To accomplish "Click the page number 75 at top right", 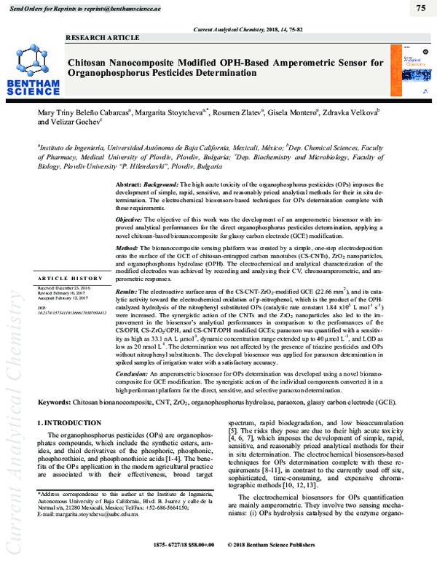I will pos(420,8).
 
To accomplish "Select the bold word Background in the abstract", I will pos(153,187).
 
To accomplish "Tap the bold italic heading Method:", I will pos(128,248).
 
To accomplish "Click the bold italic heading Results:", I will pos(129,291).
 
